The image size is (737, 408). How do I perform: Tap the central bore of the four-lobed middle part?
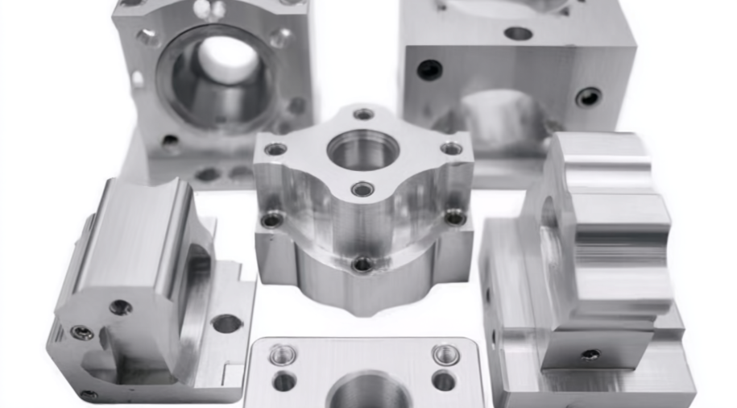click(362, 151)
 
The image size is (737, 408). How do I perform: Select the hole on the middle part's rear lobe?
click(364, 114)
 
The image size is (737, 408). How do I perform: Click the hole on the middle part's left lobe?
click(275, 149)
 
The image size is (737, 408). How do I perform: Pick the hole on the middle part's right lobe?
click(452, 148)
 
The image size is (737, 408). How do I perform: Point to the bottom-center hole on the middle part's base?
click(362, 264)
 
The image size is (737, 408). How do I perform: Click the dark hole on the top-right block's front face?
click(429, 70)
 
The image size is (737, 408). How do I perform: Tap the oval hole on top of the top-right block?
click(518, 34)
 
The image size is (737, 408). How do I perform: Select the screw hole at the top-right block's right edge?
click(589, 98)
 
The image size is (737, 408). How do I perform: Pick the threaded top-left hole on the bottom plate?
click(283, 355)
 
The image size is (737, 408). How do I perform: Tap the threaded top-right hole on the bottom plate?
click(445, 355)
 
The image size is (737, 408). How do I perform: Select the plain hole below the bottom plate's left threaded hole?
click(284, 381)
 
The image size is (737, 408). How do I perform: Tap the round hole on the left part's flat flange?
click(226, 323)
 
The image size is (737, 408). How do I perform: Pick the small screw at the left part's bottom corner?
click(89, 395)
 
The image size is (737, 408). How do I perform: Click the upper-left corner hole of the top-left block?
click(148, 36)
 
